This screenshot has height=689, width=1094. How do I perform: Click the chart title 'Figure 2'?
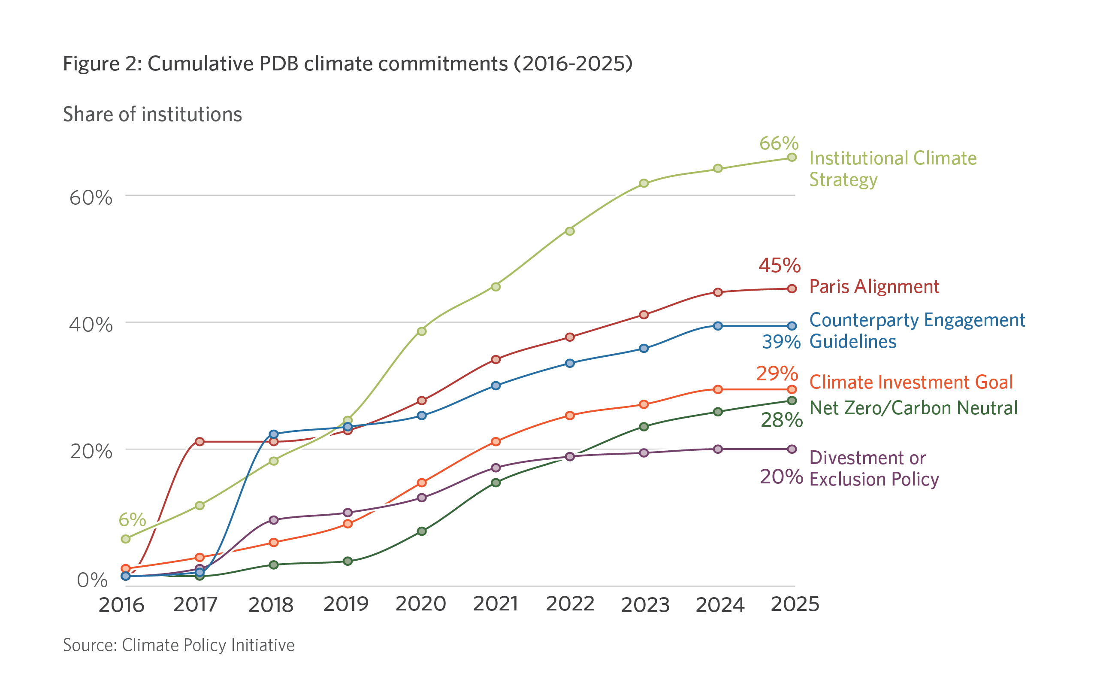tap(347, 64)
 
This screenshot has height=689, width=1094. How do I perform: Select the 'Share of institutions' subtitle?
tap(152, 114)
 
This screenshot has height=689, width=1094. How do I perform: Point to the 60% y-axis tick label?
tap(91, 198)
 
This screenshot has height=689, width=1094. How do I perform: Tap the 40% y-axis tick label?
tap(91, 325)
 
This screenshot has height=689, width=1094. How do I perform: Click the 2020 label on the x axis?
tap(421, 604)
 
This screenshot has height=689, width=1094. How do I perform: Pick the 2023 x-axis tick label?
tap(645, 605)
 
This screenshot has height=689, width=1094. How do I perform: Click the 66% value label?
tap(779, 144)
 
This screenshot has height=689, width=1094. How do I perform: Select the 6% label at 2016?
tap(132, 519)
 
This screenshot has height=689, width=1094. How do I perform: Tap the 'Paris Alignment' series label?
tap(874, 287)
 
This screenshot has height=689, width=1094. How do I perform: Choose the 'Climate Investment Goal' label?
tap(911, 382)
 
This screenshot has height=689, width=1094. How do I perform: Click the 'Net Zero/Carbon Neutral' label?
tap(913, 408)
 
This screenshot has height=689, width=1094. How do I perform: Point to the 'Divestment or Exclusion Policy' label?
tap(873, 469)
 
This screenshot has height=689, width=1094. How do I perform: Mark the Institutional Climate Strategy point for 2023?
tap(644, 183)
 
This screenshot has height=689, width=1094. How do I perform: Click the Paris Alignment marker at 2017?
tap(199, 441)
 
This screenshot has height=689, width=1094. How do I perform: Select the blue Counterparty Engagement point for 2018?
tap(274, 434)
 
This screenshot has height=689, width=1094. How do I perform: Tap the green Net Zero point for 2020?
tap(422, 531)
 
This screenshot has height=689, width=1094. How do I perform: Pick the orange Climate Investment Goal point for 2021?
tap(496, 441)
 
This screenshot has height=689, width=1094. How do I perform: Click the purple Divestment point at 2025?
tap(792, 449)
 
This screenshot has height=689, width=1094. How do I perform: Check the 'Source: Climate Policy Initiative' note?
tap(178, 645)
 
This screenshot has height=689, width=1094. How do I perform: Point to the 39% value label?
tap(781, 342)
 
